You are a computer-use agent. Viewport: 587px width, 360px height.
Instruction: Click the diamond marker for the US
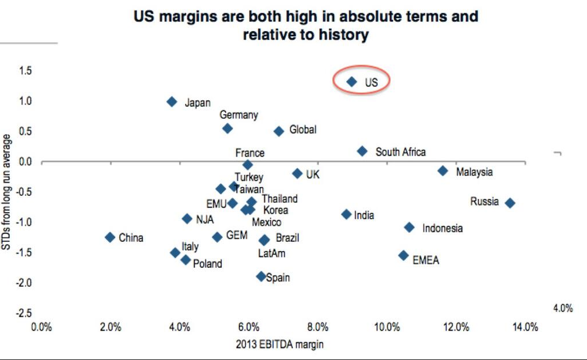tap(351, 82)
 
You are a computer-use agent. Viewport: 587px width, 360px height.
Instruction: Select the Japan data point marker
tap(172, 102)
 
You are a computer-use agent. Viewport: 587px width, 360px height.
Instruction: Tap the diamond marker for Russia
tap(510, 203)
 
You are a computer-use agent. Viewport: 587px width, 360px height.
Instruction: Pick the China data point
tap(110, 237)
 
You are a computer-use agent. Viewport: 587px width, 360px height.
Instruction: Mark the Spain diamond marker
tap(261, 276)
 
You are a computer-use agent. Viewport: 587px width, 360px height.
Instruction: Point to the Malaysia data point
tap(442, 170)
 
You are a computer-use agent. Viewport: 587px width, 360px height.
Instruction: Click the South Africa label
tap(400, 152)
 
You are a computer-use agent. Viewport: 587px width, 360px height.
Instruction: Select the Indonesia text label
tap(442, 228)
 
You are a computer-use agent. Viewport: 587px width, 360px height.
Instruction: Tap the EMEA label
tap(426, 260)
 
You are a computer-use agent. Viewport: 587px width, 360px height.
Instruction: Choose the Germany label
tap(238, 115)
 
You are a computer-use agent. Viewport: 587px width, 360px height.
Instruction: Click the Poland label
tap(207, 264)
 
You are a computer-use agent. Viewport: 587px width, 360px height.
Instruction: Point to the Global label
tap(302, 130)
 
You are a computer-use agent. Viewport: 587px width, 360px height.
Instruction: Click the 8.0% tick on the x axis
tap(317, 327)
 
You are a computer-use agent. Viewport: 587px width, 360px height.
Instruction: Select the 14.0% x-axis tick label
tap(525, 327)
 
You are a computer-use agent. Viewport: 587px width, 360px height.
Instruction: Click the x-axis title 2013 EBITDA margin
tap(279, 344)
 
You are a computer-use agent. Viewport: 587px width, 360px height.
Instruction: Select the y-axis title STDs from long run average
tap(7, 192)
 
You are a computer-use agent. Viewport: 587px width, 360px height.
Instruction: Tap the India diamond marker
tap(346, 214)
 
